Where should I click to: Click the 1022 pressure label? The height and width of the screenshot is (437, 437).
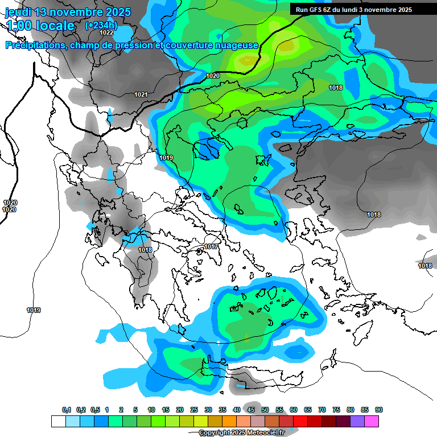coord(106,33)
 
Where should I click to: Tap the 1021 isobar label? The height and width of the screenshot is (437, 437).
coord(141,94)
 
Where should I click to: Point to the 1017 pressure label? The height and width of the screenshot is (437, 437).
coord(211,246)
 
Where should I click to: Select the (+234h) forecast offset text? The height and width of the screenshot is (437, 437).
coord(101,25)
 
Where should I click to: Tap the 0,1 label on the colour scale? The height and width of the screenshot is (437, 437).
coord(67,410)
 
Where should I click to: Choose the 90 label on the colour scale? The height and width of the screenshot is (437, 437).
coord(379,410)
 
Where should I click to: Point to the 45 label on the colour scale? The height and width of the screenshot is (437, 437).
coord(251,410)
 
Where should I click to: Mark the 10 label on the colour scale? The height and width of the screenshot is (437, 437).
coord(151,410)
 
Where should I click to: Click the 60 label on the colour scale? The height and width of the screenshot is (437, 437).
coord(294,410)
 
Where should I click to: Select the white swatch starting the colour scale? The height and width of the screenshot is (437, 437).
coord(58,421)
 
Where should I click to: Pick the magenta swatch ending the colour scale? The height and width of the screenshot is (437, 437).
coord(372,421)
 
